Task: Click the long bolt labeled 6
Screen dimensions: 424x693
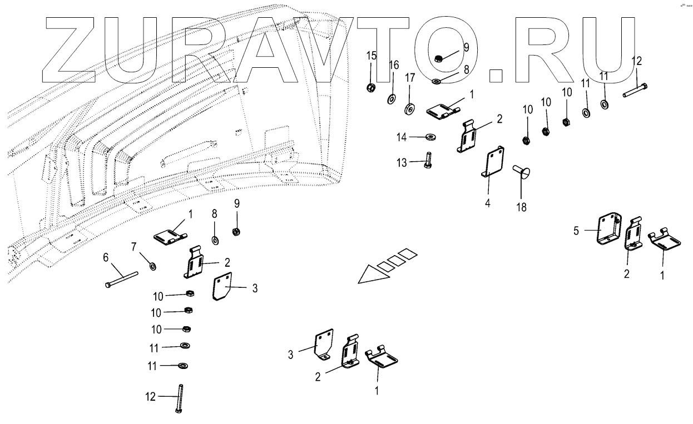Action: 121,277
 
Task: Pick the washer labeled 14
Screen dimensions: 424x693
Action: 431,136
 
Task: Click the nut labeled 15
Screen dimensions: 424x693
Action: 371,87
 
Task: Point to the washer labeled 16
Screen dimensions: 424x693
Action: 391,99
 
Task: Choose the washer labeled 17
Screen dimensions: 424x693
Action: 410,107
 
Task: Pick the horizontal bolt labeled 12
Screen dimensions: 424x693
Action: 635,90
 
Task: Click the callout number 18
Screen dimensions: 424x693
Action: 522,207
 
